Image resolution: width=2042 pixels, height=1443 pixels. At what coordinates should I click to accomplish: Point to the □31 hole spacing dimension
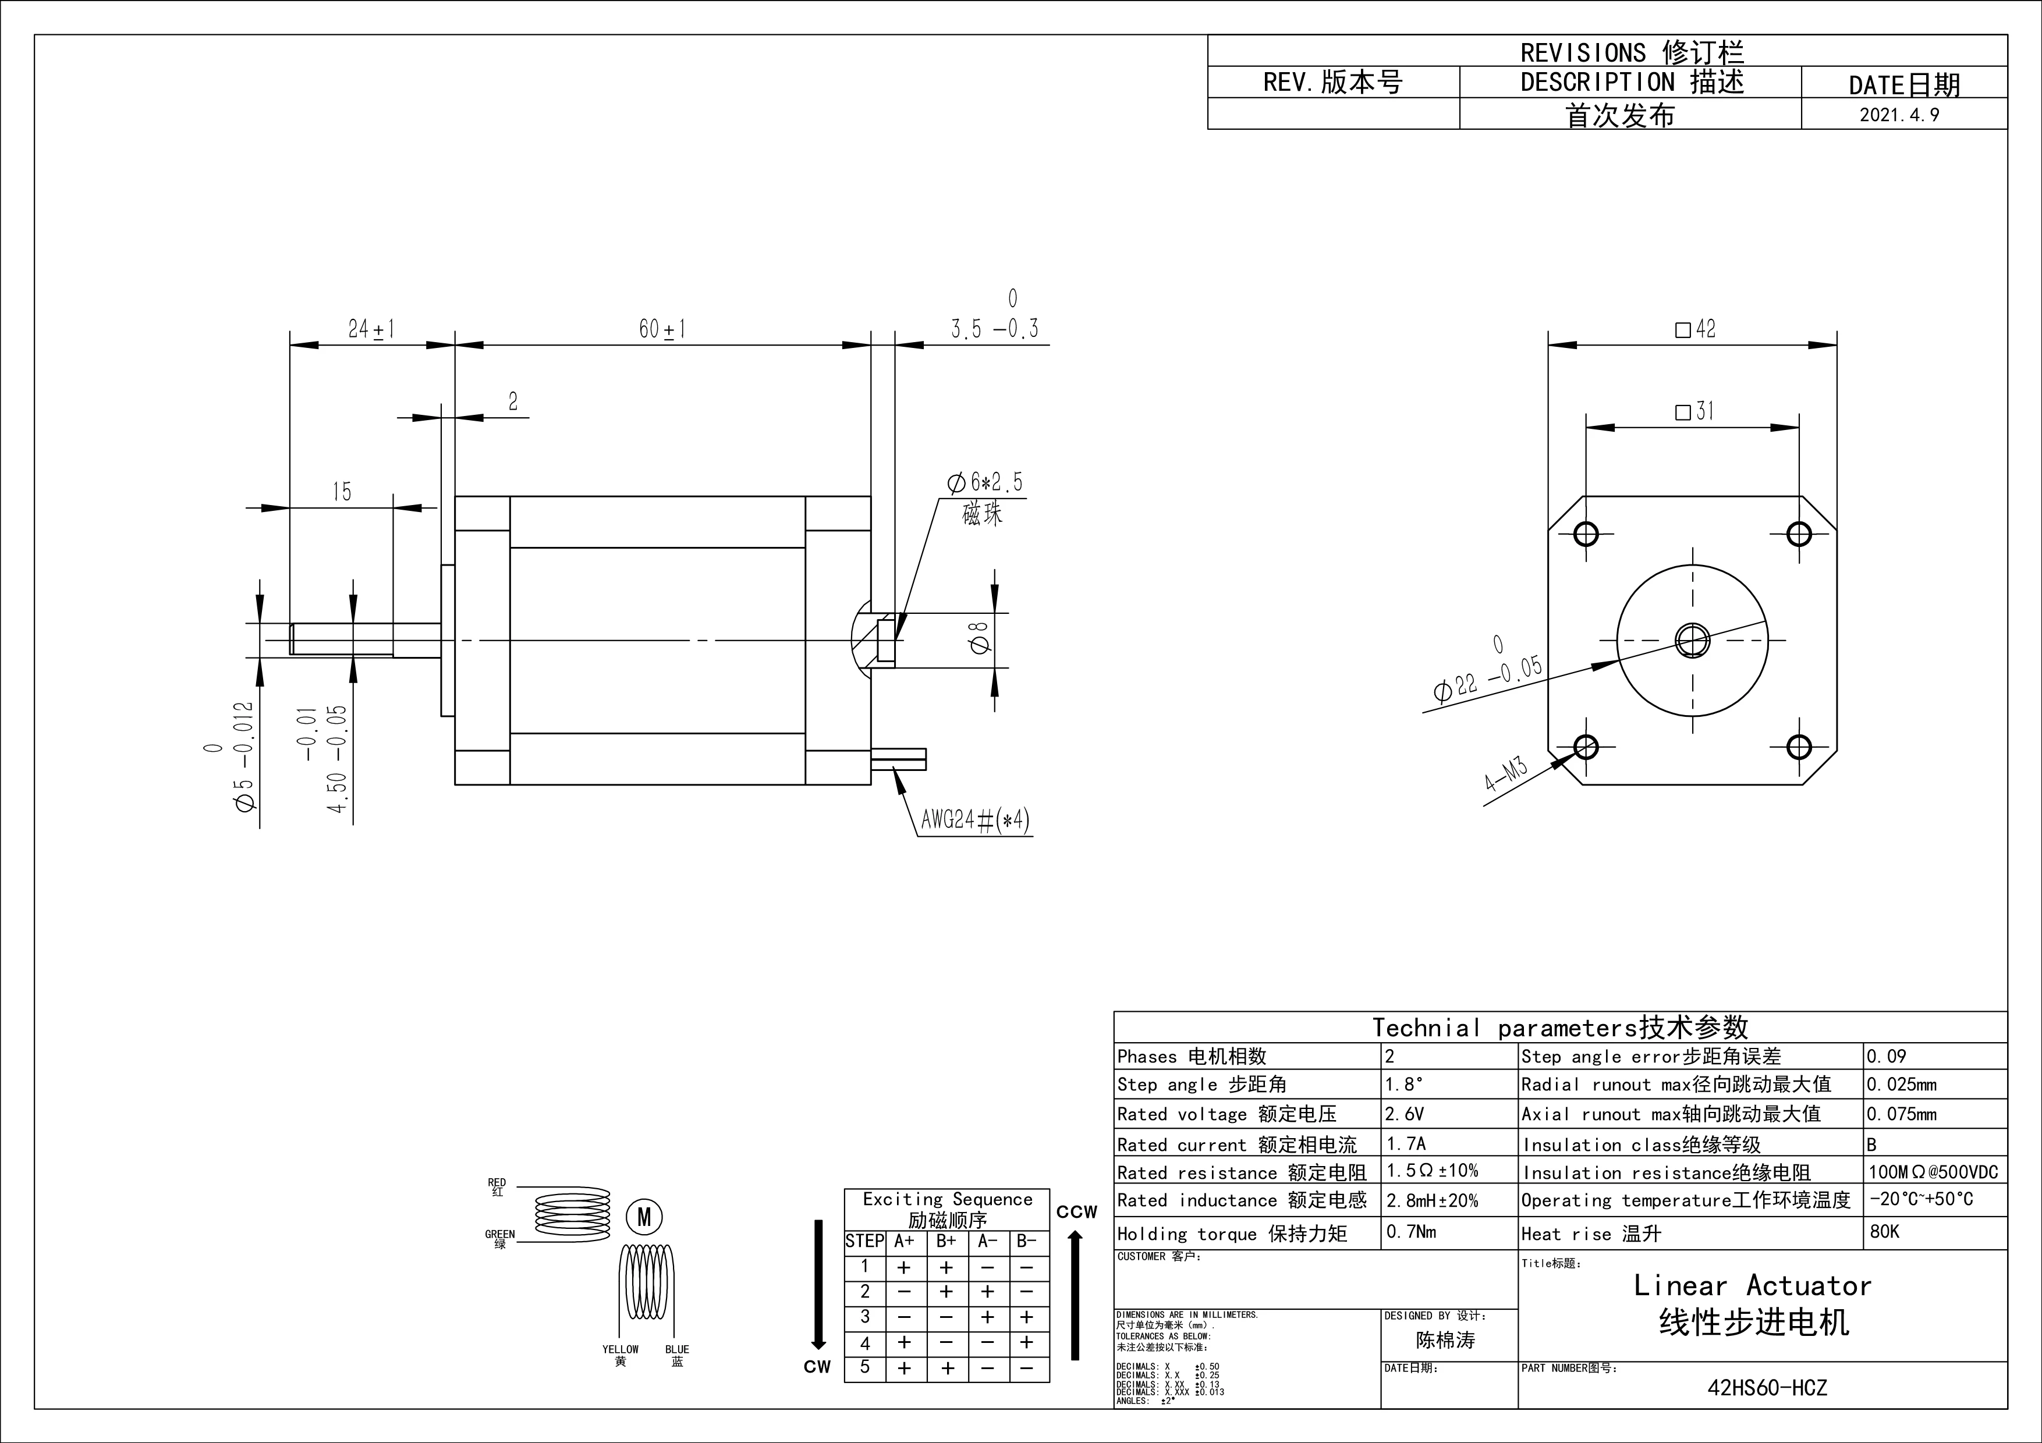[x=1694, y=411]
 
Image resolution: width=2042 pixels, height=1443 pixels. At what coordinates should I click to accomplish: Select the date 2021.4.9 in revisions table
[x=1899, y=115]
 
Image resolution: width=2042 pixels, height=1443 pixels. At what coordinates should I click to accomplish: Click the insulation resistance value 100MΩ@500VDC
[x=1933, y=1172]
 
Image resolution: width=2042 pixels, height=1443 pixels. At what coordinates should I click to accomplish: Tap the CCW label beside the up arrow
[x=1076, y=1212]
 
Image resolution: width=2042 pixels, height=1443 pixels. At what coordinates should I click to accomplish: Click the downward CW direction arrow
[x=818, y=1285]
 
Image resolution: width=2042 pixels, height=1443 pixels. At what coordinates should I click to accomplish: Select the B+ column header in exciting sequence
[x=946, y=1241]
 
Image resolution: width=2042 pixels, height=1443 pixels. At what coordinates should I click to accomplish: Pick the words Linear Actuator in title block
[x=1752, y=1286]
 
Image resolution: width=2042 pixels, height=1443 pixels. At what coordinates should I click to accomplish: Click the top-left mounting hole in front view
[x=1586, y=534]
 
